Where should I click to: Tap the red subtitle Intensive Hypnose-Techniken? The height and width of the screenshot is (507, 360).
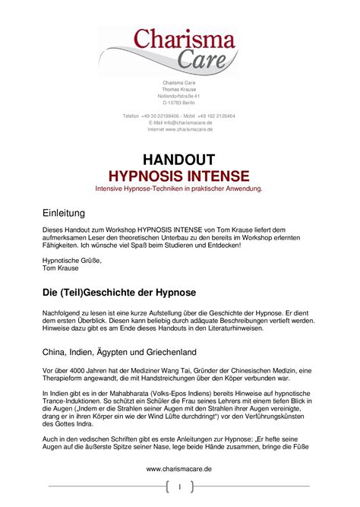click(x=178, y=188)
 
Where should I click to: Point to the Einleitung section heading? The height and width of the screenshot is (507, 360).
click(x=63, y=213)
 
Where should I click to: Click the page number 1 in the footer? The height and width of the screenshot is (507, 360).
click(x=179, y=486)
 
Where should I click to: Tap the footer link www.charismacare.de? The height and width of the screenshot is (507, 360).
click(x=178, y=470)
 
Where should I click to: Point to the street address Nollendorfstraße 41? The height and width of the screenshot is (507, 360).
click(x=178, y=97)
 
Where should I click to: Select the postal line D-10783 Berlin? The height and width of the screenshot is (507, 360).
click(x=178, y=103)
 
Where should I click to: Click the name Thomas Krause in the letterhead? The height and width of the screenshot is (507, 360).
click(x=178, y=90)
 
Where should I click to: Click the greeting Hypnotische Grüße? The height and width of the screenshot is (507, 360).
click(x=71, y=260)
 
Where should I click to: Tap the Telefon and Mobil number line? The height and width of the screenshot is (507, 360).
click(x=178, y=116)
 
